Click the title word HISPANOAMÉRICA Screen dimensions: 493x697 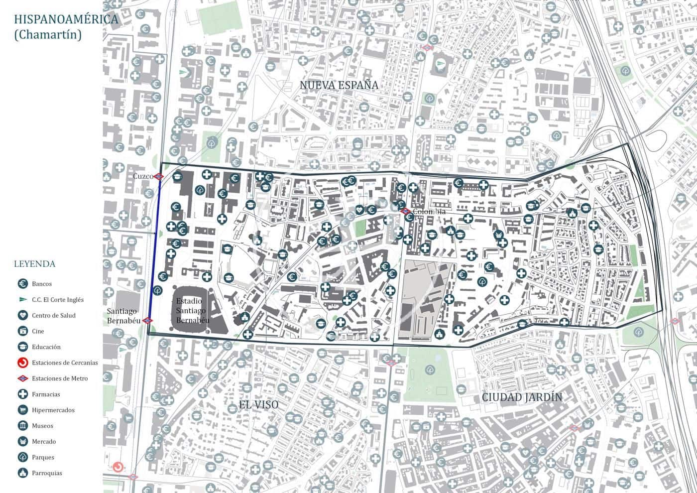[66, 19]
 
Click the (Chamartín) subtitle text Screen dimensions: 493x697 [48, 35]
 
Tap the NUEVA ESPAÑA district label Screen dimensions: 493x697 [339, 85]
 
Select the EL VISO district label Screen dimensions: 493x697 [258, 405]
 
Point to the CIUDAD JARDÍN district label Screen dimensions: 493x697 [522, 397]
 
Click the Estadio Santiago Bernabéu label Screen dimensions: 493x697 [192, 310]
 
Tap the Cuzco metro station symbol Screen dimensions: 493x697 [159, 176]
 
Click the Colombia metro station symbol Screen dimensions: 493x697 [405, 212]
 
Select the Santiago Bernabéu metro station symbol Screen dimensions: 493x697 [147, 320]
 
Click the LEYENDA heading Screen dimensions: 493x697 [34, 264]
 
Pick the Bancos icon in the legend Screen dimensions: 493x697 [22, 284]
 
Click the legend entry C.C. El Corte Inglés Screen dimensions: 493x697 [58, 300]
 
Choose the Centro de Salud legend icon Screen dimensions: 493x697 [22, 315]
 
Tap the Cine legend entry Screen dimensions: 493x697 [38, 331]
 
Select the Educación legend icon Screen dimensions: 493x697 [22, 347]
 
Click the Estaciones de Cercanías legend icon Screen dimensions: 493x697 [22, 363]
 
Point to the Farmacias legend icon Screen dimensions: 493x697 [22, 394]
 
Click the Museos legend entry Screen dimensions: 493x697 [42, 426]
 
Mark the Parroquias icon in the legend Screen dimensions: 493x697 [22, 473]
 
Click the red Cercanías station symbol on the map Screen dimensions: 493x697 [118, 467]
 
